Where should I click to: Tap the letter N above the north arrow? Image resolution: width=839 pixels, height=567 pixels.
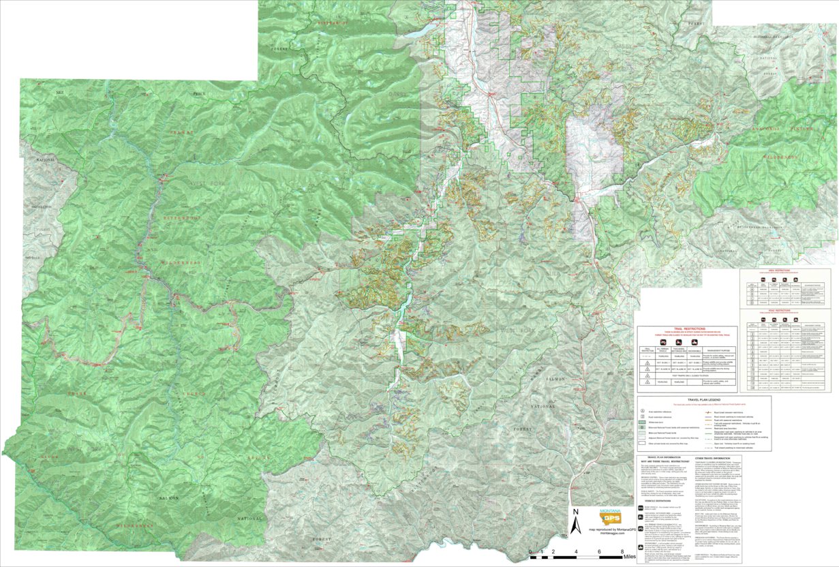point(575,512)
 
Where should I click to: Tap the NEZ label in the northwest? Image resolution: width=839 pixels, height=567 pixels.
point(59,90)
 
